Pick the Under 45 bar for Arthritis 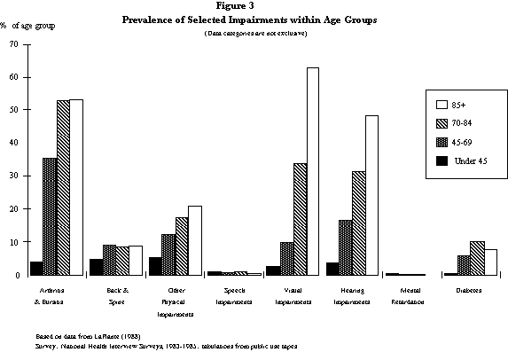(x=36, y=268)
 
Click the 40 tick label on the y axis (x=13, y=143)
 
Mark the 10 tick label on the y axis (x=13, y=242)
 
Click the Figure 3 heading (x=254, y=7)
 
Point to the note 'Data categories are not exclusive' (x=254, y=32)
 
